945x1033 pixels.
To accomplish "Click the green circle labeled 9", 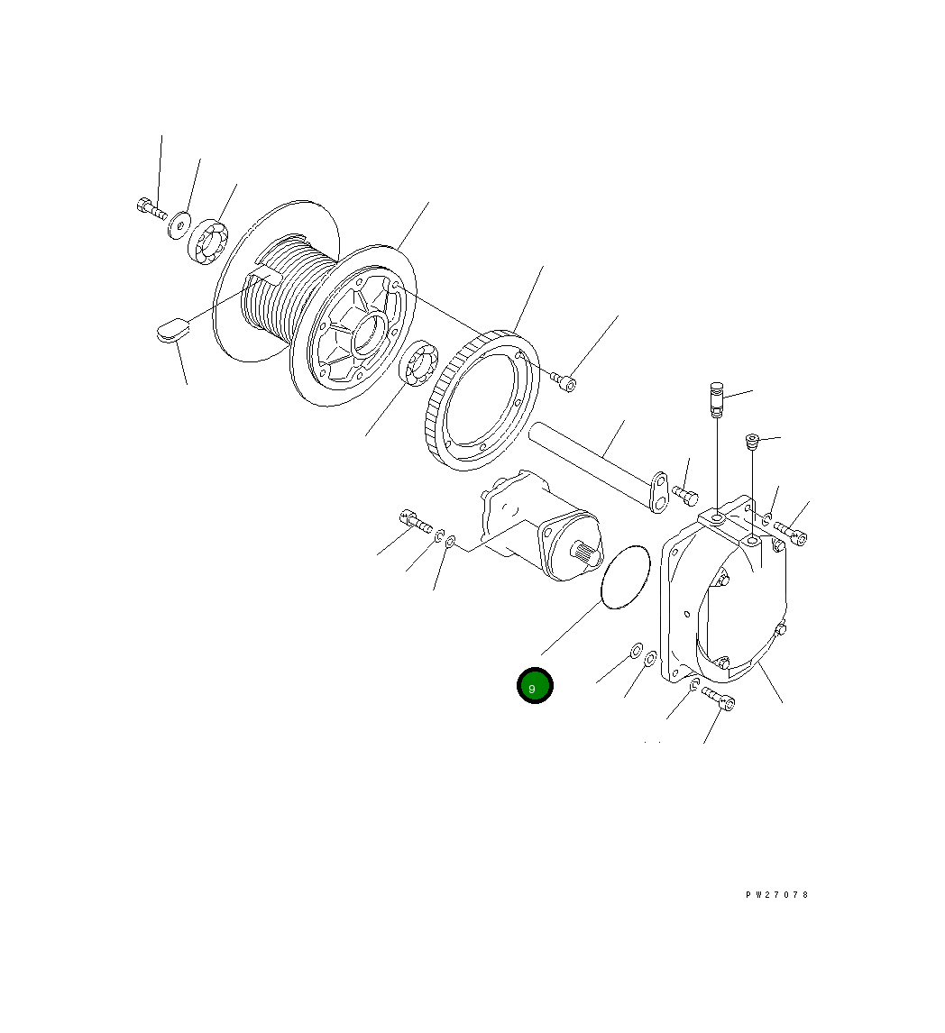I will coord(535,686).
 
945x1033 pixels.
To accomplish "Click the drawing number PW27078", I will coord(777,895).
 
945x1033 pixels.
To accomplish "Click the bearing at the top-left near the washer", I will coord(208,241).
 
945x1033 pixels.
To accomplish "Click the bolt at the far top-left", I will coord(150,208).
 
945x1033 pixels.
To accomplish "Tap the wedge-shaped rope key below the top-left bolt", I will coord(170,330).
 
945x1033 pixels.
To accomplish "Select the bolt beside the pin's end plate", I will coord(685,495).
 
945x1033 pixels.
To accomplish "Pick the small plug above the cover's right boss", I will coord(751,441).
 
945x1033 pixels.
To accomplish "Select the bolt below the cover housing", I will coord(719,699).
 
